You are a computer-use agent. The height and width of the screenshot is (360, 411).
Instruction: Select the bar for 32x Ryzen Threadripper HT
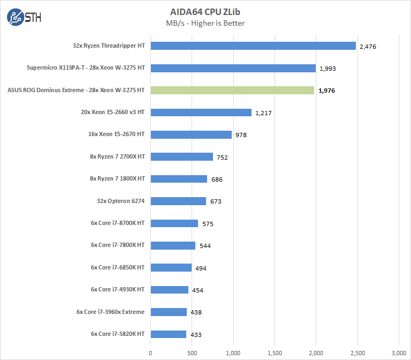(x=253, y=46)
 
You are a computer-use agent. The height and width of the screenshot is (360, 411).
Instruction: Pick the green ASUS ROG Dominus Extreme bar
(x=232, y=90)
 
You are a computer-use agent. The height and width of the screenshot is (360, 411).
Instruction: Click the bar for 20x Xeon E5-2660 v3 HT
(x=201, y=112)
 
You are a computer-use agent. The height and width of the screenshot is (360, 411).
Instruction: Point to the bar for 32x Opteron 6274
(x=178, y=201)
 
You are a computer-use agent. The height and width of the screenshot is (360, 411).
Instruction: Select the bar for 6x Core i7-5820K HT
(x=168, y=334)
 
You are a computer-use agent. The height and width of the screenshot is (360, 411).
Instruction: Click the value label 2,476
(x=368, y=47)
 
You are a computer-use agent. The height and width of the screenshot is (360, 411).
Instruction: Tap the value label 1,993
(x=328, y=69)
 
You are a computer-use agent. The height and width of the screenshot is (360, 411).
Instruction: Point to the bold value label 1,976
(x=327, y=91)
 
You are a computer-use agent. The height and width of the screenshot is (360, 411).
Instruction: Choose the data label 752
(x=223, y=157)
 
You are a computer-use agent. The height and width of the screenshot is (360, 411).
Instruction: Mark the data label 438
(x=196, y=312)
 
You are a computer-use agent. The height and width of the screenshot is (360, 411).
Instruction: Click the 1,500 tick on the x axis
(x=275, y=352)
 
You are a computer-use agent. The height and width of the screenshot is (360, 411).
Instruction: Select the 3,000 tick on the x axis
(x=399, y=352)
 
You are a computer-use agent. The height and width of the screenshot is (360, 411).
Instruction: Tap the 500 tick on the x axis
(x=192, y=352)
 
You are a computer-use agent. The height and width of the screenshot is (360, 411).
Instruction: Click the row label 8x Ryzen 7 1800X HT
(x=118, y=178)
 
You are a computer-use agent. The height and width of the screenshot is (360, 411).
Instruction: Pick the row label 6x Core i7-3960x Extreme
(x=110, y=311)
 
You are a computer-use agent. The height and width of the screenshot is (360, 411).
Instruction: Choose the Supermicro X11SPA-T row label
(x=86, y=68)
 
